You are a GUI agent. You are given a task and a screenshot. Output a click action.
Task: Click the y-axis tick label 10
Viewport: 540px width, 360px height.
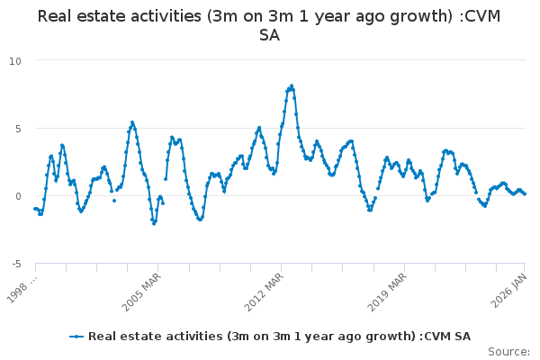tap(15, 60)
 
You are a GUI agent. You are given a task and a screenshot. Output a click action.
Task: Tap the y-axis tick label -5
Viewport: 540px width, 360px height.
tap(15, 263)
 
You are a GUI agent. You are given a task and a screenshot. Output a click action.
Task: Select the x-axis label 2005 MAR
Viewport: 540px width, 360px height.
tap(142, 290)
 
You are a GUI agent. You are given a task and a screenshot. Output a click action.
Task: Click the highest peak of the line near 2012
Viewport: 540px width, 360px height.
tap(292, 85)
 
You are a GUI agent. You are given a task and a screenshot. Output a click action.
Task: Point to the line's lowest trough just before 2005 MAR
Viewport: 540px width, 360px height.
tap(154, 222)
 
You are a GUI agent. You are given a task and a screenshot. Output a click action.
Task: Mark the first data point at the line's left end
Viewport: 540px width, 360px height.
tap(35, 209)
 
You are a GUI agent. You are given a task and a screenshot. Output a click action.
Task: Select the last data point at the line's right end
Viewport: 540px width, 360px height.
tap(525, 193)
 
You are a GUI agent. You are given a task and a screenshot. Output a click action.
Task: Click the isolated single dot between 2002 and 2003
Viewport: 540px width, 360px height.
tap(114, 200)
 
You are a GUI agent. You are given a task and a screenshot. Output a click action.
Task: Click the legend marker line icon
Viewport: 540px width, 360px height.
tap(77, 337)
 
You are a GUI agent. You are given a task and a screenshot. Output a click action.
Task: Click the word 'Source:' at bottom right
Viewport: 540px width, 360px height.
tap(508, 352)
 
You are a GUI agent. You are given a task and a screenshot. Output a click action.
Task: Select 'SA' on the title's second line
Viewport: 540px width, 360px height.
tap(269, 35)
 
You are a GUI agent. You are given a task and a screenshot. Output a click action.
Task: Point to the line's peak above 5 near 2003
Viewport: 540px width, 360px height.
tap(132, 122)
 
